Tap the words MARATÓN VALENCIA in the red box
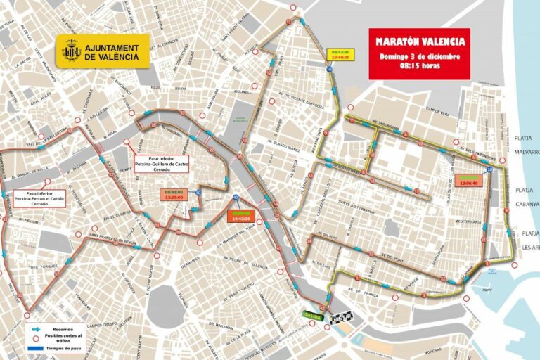coord(420,41)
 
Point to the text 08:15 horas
coord(420,66)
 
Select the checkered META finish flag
coord(340,318)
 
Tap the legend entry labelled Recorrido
coord(62,327)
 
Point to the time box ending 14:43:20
coord(241,217)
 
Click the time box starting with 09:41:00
coord(174,194)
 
